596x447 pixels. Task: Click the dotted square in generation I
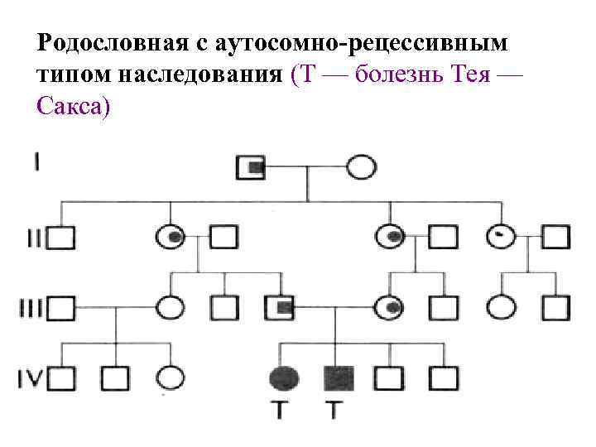click(251, 168)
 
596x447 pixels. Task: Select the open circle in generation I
click(361, 168)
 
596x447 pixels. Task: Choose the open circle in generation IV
click(170, 378)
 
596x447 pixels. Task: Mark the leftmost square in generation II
click(60, 238)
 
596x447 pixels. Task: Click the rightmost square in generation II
click(555, 238)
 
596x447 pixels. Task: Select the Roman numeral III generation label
click(31, 308)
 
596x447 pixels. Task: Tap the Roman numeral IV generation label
click(31, 378)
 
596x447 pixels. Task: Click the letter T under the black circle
click(282, 410)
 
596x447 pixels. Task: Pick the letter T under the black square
click(334, 410)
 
